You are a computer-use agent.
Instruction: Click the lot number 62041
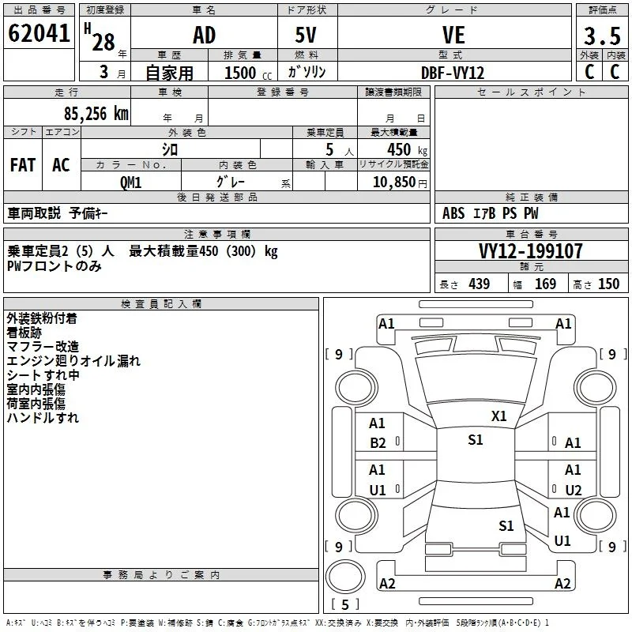pyautogui.click(x=39, y=33)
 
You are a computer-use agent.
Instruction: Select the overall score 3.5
pyautogui.click(x=602, y=36)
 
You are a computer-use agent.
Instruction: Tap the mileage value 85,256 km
pyautogui.click(x=96, y=114)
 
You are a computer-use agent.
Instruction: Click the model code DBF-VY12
pyautogui.click(x=453, y=73)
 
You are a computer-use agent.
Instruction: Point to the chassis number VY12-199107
pyautogui.click(x=530, y=251)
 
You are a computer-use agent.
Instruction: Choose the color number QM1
pyautogui.click(x=130, y=182)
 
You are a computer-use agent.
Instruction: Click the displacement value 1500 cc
pyautogui.click(x=248, y=73)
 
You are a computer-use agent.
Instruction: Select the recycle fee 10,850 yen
pyautogui.click(x=400, y=182)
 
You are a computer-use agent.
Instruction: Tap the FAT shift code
pyautogui.click(x=23, y=165)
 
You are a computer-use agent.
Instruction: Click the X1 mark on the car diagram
pyautogui.click(x=498, y=416)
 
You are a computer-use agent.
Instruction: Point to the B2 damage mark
pyautogui.click(x=378, y=443)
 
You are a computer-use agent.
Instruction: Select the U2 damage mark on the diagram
pyautogui.click(x=574, y=490)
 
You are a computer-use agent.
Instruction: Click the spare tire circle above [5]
pyautogui.click(x=345, y=577)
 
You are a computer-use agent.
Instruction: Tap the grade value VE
pyautogui.click(x=453, y=35)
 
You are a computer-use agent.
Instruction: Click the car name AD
pyautogui.click(x=205, y=35)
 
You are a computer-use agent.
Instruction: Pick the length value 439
pyautogui.click(x=480, y=284)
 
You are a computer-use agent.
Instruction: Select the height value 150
pyautogui.click(x=608, y=284)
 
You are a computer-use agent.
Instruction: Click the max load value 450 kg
pyautogui.click(x=407, y=149)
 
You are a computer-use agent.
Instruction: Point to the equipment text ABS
pyautogui.click(x=453, y=213)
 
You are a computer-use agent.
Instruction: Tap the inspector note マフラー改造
pyautogui.click(x=43, y=347)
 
